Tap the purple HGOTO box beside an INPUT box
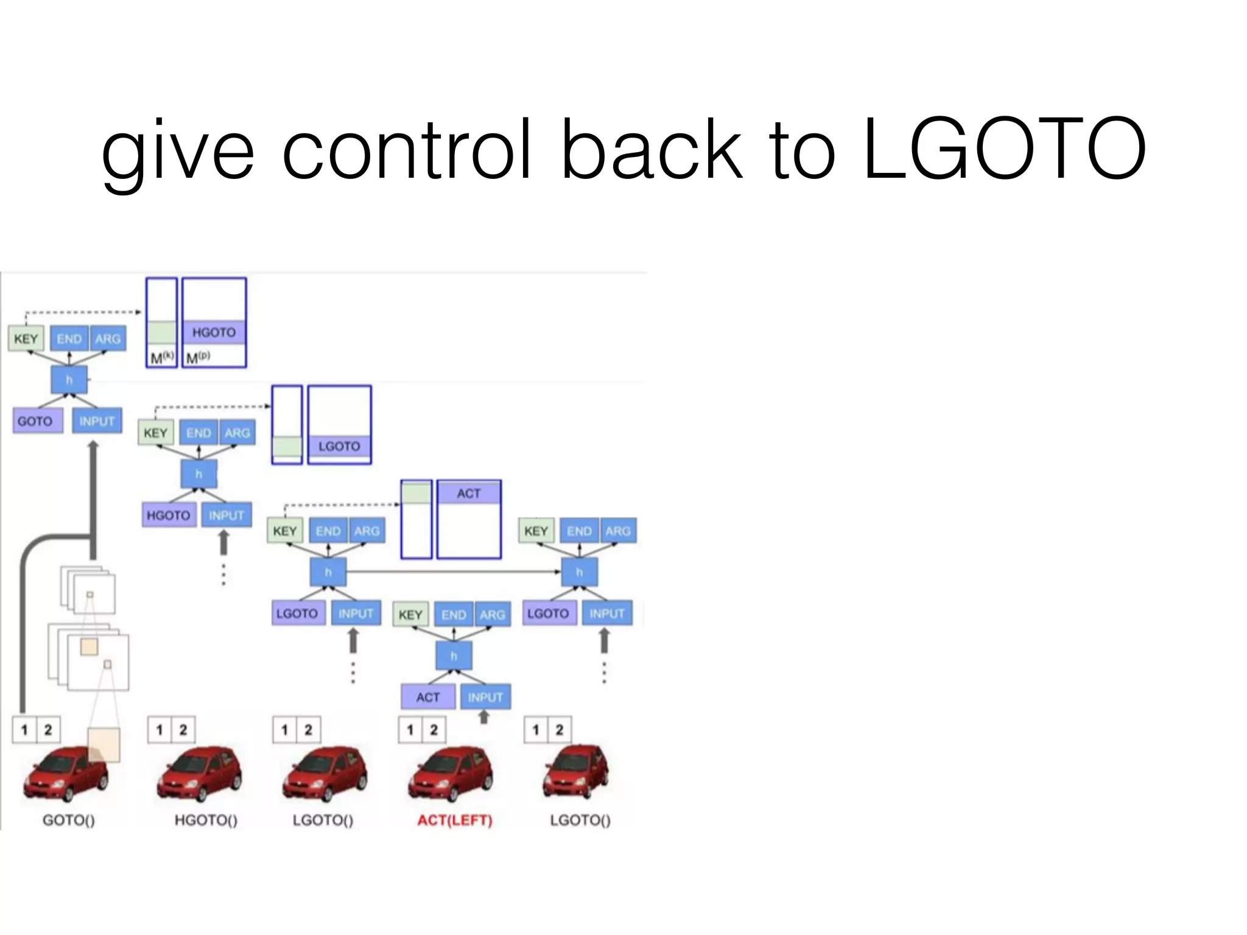[x=169, y=515]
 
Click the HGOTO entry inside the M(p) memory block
[x=214, y=332]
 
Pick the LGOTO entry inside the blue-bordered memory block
[x=339, y=446]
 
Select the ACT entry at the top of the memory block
[x=468, y=493]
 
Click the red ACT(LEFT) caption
[x=455, y=820]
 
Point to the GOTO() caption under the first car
[x=68, y=820]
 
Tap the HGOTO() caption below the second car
[x=206, y=820]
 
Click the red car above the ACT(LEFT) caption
[x=451, y=773]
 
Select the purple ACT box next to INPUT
[x=427, y=697]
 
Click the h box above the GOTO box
[x=69, y=380]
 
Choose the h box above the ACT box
[x=454, y=656]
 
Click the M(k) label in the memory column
[x=161, y=358]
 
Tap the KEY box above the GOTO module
[x=26, y=338]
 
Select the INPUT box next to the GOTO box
[x=97, y=421]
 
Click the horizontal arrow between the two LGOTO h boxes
[x=453, y=572]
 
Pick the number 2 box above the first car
[x=48, y=729]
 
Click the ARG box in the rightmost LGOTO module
[x=617, y=531]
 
